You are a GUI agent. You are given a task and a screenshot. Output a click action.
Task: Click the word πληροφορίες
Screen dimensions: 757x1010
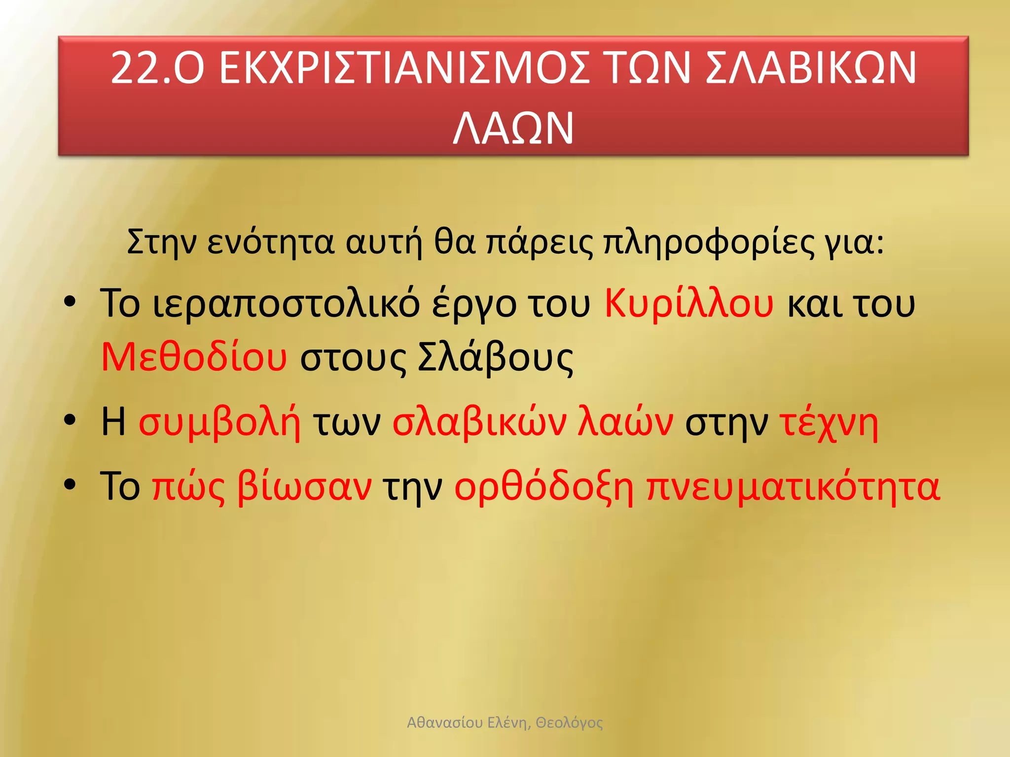[x=709, y=242]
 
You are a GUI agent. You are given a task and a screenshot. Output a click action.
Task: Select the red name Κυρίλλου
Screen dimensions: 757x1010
[x=689, y=304]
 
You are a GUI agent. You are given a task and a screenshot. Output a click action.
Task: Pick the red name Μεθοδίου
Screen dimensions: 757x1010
[x=194, y=357]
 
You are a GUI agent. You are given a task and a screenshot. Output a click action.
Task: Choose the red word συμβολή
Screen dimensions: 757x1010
[x=219, y=423]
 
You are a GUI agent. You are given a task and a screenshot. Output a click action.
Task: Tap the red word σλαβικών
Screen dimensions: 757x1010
[x=479, y=423]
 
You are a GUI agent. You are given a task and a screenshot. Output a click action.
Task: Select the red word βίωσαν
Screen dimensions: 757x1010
[x=304, y=487]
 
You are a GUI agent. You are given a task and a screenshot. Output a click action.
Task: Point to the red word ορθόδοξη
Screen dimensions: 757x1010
[x=543, y=487]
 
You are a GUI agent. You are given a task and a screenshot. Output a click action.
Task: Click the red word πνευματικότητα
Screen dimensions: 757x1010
[x=793, y=487]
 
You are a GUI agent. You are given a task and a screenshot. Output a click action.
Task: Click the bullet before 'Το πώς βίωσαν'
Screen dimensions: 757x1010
[x=70, y=484]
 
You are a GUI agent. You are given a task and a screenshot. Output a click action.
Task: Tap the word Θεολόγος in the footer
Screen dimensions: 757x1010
[x=569, y=723]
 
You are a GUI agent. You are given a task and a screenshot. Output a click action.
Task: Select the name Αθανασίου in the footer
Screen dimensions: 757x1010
[x=445, y=723]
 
